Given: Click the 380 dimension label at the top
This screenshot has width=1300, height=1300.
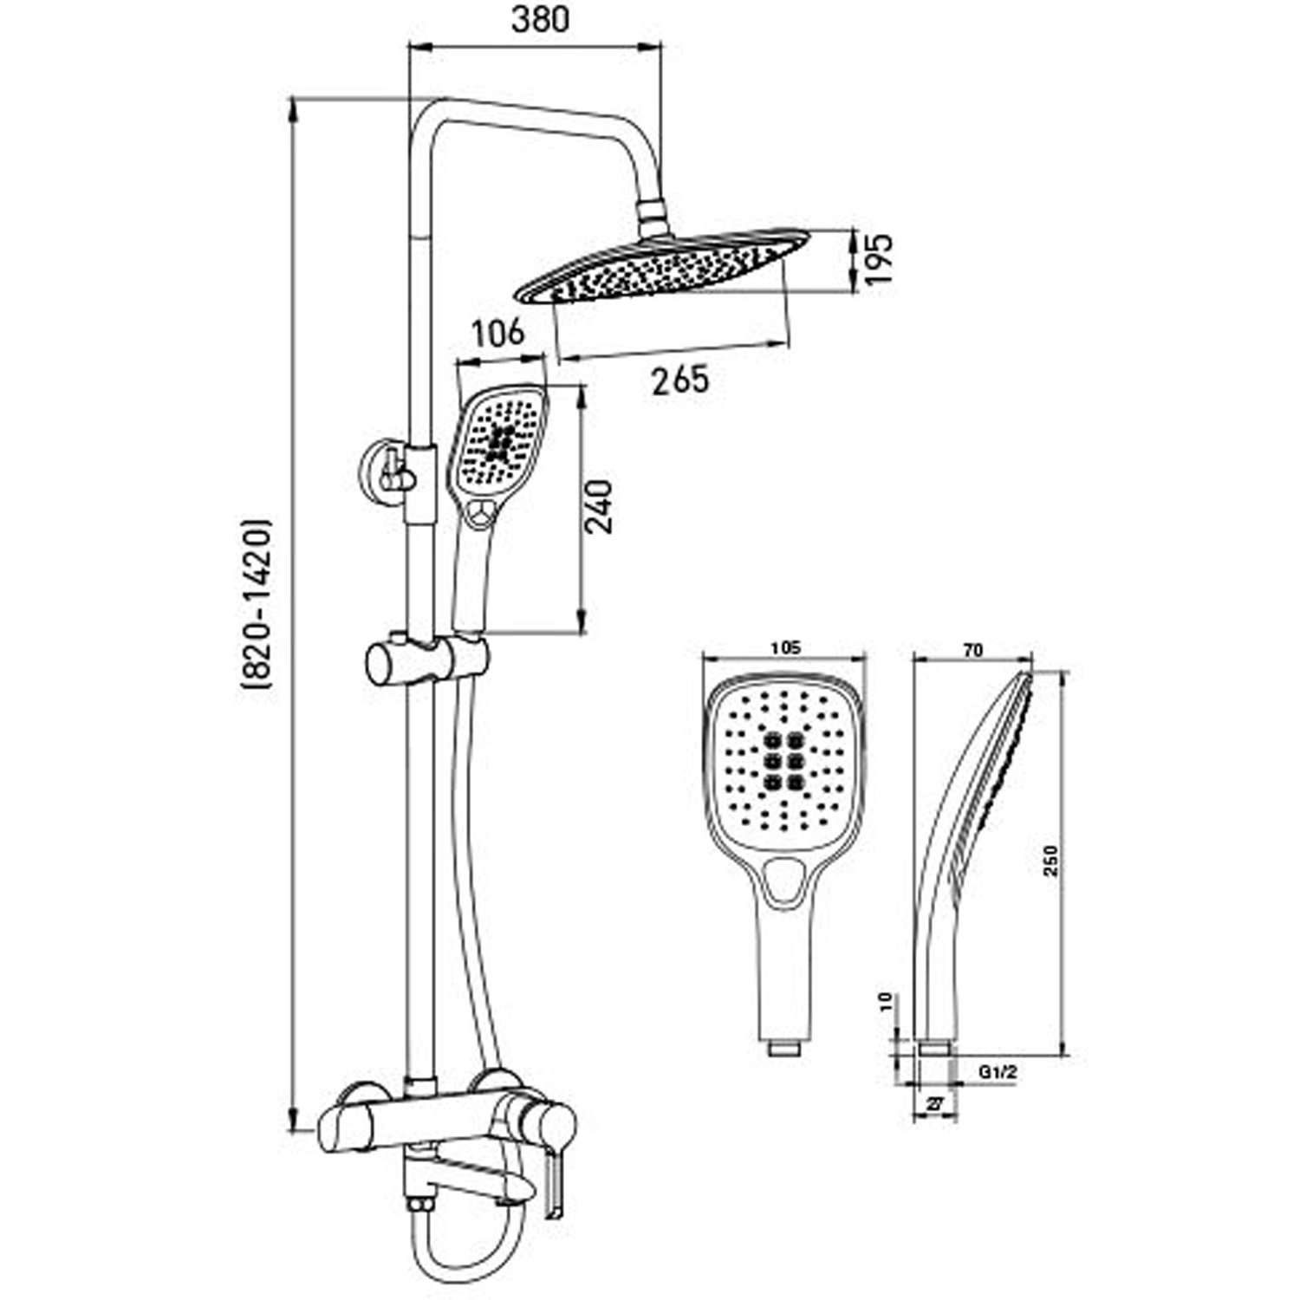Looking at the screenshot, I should coord(541,19).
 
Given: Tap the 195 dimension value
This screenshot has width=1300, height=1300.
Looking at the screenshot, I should coord(876,261).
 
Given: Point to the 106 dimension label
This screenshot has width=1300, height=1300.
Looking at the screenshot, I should coord(498,332).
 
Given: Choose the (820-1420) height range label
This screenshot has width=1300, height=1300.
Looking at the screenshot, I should coord(259,604).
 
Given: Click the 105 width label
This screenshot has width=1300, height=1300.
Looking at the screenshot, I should coord(785,647).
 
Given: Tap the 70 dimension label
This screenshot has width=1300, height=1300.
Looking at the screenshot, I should coord(973,651).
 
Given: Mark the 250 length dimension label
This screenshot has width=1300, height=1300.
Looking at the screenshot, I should coord(1050,860).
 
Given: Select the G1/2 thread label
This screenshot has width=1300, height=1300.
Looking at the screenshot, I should coord(998,1072).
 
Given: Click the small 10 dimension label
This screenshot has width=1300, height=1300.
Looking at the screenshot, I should coord(885,1003).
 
